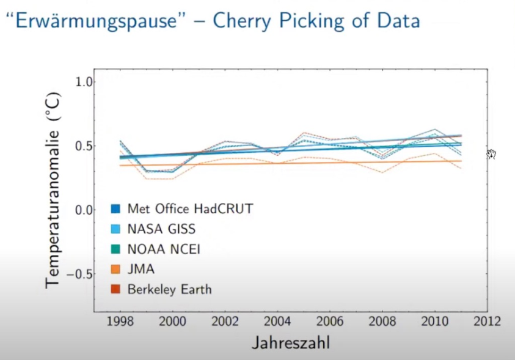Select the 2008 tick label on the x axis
click(382, 322)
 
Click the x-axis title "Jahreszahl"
click(291, 342)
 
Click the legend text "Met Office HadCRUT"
click(190, 208)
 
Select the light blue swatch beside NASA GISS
click(115, 229)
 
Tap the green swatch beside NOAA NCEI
click(115, 249)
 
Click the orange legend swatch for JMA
click(115, 269)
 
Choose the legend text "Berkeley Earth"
click(169, 289)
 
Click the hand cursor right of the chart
click(492, 154)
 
